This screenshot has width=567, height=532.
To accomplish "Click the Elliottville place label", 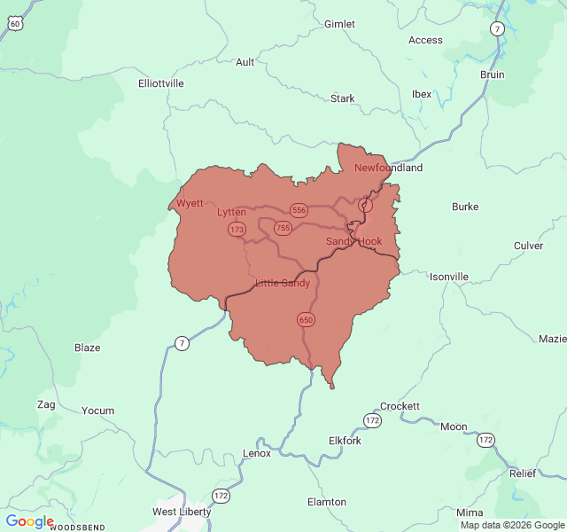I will tap(161, 82).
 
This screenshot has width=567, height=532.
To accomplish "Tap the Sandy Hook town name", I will tap(353, 241).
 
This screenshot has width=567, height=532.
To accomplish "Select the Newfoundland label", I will tap(388, 168).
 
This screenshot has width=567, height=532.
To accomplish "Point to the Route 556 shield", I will tap(299, 210).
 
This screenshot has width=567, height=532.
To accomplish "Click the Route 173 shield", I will tap(237, 229).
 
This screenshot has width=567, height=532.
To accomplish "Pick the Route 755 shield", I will tap(283, 228).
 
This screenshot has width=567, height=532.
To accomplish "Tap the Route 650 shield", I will tap(306, 319).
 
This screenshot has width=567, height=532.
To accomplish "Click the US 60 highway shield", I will tap(15, 24).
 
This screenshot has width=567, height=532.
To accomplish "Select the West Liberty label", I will tap(182, 512).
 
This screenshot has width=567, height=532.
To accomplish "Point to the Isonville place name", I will tap(448, 277).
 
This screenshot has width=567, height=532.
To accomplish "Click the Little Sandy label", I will tap(283, 283).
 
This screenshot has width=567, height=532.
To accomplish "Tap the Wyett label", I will tap(190, 203).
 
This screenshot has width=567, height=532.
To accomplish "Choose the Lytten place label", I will tap(231, 212).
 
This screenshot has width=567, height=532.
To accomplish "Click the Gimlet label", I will tap(339, 24).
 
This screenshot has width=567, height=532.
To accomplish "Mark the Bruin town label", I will tap(492, 74).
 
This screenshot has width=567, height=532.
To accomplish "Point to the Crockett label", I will tap(400, 406).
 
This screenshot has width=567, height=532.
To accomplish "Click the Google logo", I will tap(29, 521).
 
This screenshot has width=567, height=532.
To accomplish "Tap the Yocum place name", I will tap(97, 411).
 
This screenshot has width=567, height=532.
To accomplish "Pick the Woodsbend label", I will tap(77, 528).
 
